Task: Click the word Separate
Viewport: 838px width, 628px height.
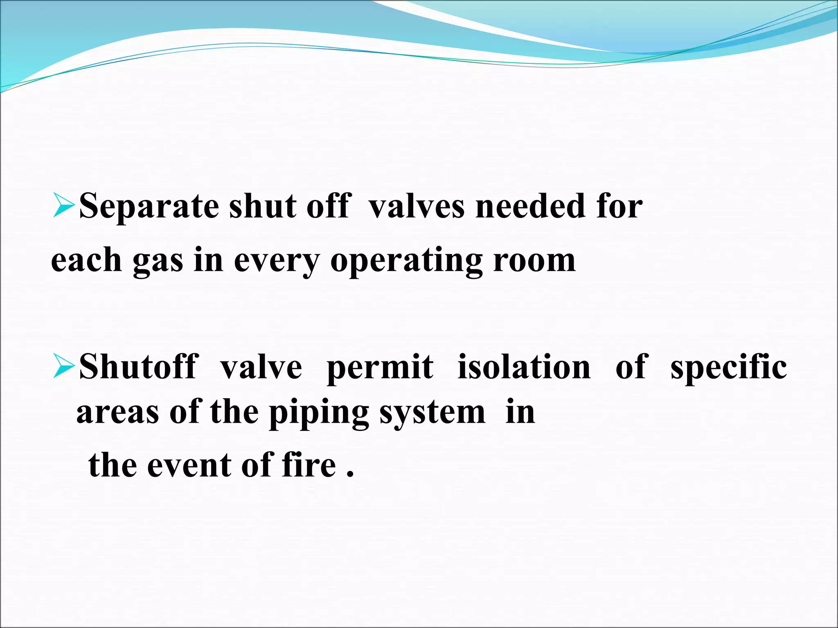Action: (x=149, y=206)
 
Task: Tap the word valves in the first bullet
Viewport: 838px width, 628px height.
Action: (x=417, y=206)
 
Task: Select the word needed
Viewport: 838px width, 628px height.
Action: (x=531, y=206)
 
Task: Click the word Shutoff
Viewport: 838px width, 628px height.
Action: (x=139, y=367)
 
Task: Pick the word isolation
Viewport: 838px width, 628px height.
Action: (x=524, y=367)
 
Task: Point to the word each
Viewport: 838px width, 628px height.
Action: (x=86, y=260)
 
